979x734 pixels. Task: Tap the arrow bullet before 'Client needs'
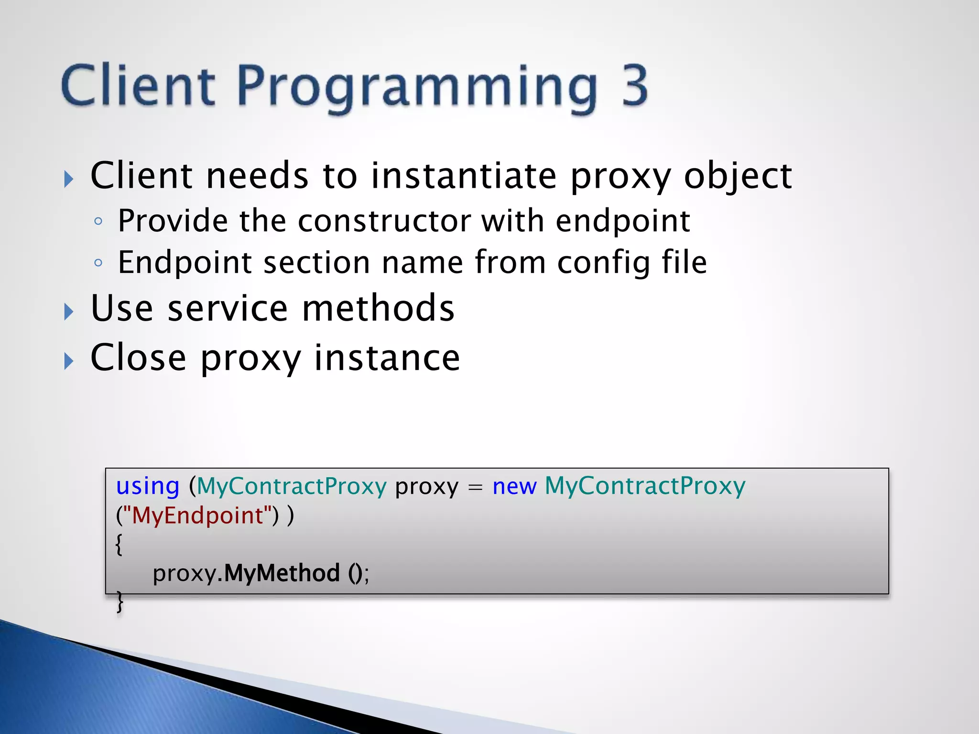coord(69,179)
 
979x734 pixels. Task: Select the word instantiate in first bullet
coord(464,176)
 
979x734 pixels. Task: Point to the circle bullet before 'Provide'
coord(98,221)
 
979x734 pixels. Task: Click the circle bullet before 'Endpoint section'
coord(98,263)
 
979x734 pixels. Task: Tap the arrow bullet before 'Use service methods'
coord(69,312)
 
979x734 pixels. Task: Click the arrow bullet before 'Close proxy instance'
coord(69,361)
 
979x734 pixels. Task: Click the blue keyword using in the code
coord(148,487)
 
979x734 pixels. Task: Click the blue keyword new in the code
coord(514,487)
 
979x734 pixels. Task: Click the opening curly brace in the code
coord(119,544)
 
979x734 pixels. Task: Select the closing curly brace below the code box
coord(120,602)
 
